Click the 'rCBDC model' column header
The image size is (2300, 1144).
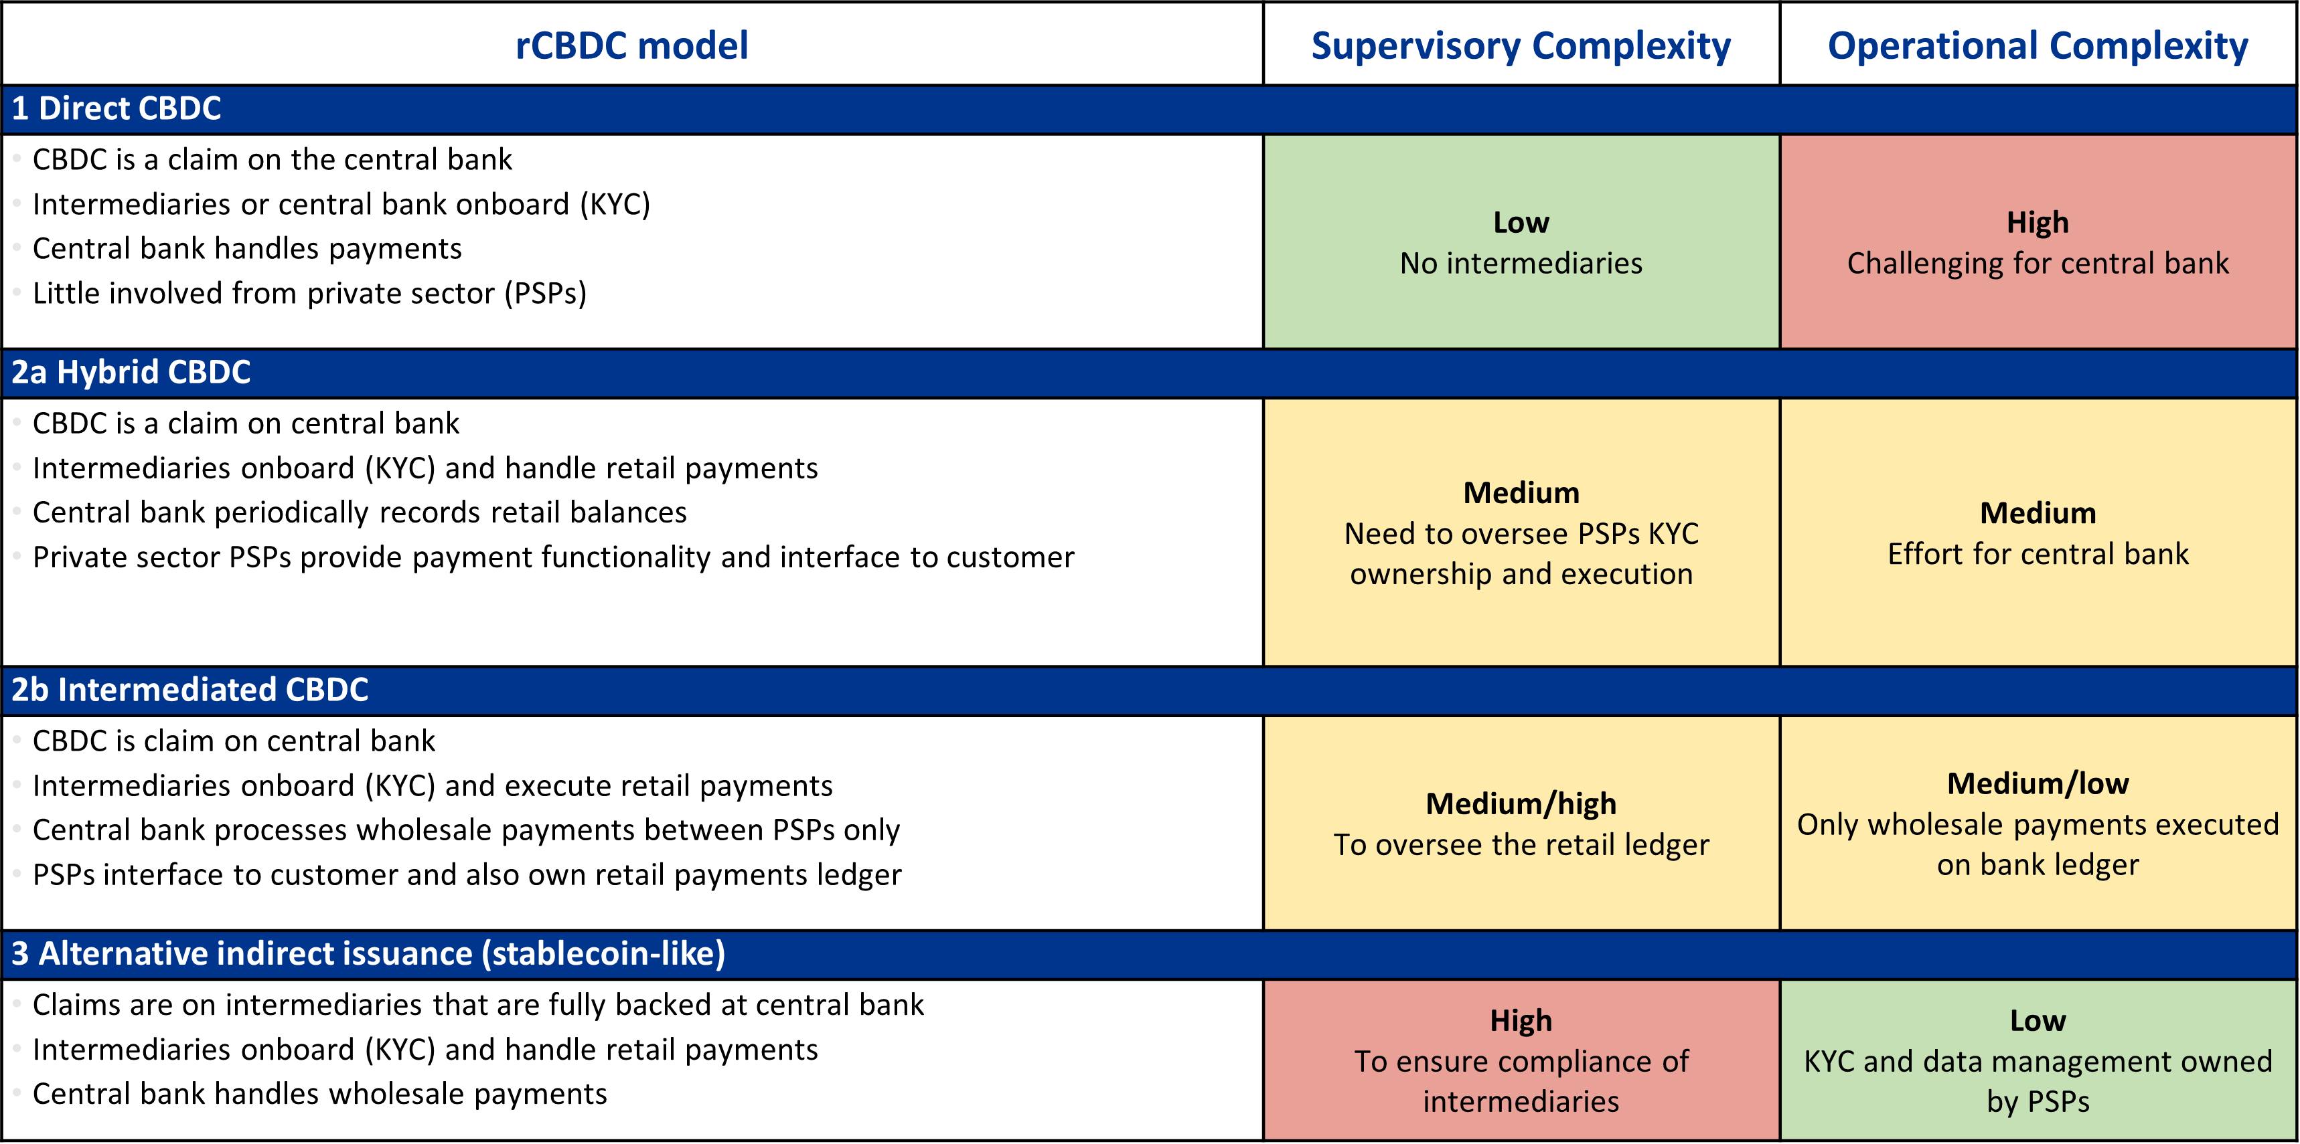[x=631, y=45]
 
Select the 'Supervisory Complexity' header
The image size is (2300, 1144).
[x=1521, y=45]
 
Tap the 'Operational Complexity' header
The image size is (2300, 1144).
[x=2038, y=45]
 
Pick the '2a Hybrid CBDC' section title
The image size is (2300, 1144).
[x=131, y=372]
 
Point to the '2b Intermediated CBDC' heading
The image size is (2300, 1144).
[x=189, y=690]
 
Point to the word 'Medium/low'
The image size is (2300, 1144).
[x=2038, y=783]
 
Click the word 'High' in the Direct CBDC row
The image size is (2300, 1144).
[x=2038, y=222]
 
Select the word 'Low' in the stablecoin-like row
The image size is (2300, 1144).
[x=2038, y=1021]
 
